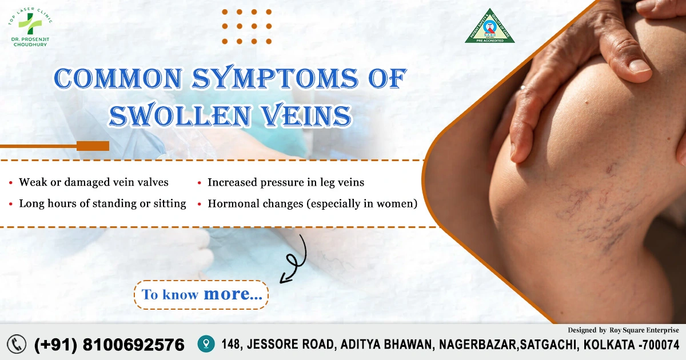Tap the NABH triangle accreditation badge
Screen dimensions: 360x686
click(x=489, y=27)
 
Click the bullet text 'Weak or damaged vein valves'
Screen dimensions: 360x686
click(x=94, y=182)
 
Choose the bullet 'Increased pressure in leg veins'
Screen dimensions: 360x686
click(x=286, y=182)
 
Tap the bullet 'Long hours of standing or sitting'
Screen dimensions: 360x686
click(x=102, y=203)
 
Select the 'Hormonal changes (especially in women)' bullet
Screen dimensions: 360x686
click(x=312, y=203)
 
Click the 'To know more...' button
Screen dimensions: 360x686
click(x=202, y=295)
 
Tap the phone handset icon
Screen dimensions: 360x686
click(x=17, y=344)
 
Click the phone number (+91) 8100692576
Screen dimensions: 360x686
click(x=110, y=345)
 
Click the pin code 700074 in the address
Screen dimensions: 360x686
click(x=660, y=345)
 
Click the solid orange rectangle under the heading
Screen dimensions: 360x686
click(x=93, y=146)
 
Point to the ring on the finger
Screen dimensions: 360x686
click(x=523, y=89)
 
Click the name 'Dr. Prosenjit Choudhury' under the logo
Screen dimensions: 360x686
click(x=30, y=41)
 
